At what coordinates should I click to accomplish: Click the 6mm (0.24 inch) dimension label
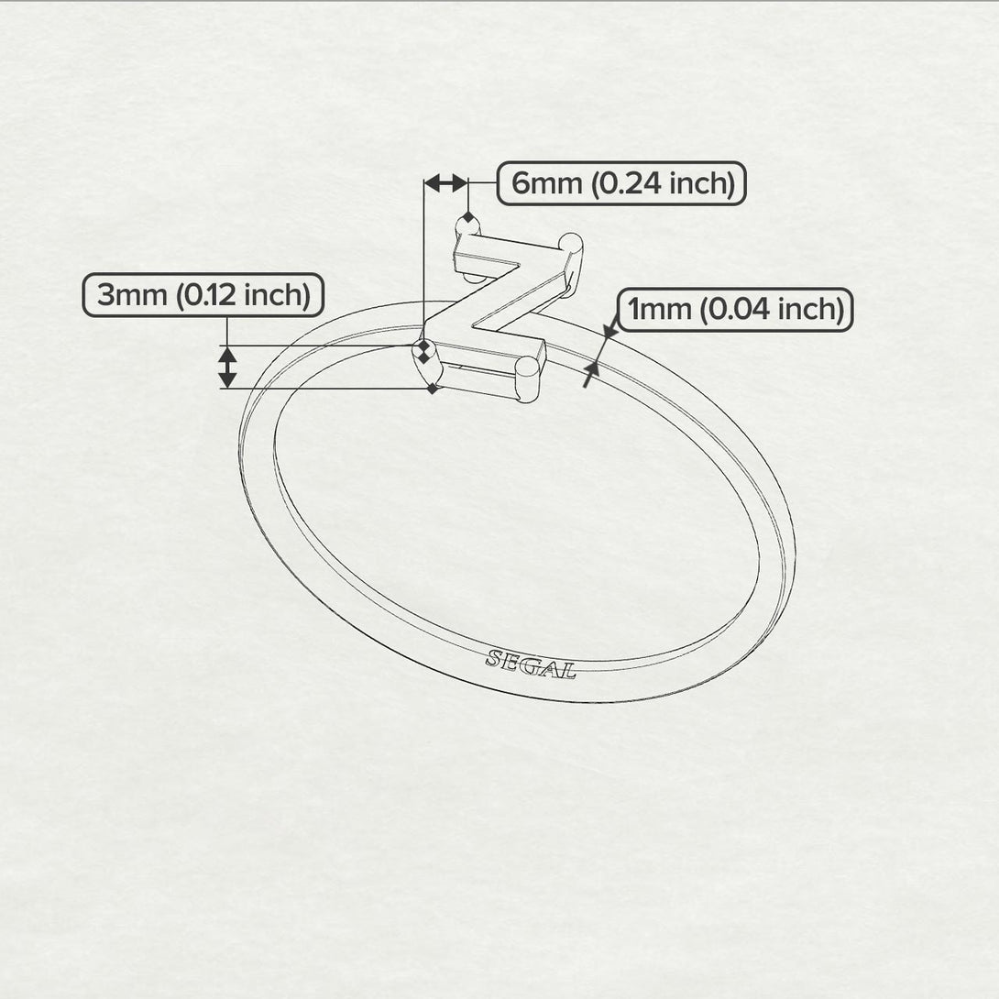pos(621,183)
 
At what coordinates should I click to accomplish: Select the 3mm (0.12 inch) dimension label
pos(203,295)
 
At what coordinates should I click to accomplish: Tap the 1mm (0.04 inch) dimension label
pos(735,310)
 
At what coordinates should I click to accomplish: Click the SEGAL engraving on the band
pos(531,664)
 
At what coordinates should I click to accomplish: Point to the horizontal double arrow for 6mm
pos(446,183)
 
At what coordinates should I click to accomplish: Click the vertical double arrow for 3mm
pos(227,367)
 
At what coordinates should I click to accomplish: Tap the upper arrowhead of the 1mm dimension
pos(610,330)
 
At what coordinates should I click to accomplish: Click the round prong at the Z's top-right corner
pos(570,243)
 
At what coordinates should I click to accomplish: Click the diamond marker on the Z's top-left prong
pos(468,218)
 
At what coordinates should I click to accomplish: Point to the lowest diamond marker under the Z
pos(433,388)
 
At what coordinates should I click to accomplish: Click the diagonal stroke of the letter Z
pos(495,299)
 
